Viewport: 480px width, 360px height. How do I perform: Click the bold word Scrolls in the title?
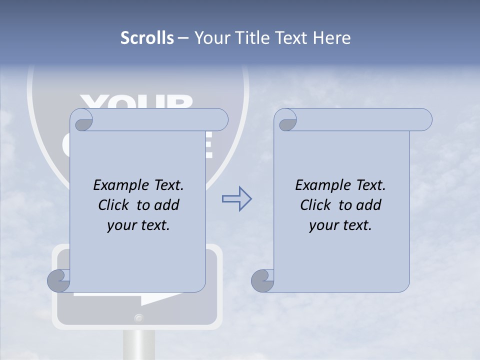(x=147, y=38)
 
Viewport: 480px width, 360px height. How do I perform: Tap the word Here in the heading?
(x=331, y=38)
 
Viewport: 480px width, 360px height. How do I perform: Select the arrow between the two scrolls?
(x=236, y=199)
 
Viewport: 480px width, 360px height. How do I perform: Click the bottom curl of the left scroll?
(x=59, y=280)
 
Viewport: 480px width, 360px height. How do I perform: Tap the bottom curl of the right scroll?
(x=262, y=280)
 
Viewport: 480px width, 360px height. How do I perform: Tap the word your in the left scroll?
(x=120, y=225)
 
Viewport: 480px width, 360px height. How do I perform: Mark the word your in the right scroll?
(x=322, y=225)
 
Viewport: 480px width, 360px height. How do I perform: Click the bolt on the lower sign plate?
(x=138, y=317)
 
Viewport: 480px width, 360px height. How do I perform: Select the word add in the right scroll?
(x=369, y=205)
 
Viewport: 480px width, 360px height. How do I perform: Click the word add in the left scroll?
(x=167, y=205)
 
